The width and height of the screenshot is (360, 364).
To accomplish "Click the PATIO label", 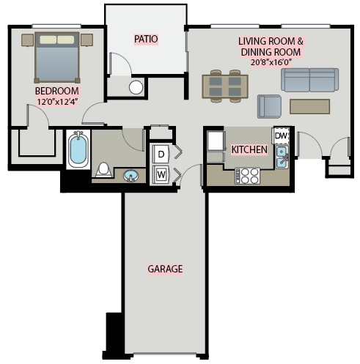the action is click(146, 39).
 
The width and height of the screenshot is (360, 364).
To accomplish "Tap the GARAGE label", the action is click(165, 269).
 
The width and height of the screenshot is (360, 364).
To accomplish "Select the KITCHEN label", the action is click(249, 149).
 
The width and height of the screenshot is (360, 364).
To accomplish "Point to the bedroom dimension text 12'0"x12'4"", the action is click(57, 101).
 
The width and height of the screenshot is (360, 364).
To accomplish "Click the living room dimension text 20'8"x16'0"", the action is click(271, 62).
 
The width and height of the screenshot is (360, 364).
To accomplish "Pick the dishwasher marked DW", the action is click(281, 135).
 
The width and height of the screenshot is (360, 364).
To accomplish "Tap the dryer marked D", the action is click(161, 154).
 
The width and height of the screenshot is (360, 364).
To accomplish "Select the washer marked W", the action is click(161, 174).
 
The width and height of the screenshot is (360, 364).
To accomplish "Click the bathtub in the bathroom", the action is click(78, 149).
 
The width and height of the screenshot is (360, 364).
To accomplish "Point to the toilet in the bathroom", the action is click(103, 170).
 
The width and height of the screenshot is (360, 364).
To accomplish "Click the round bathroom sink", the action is click(131, 176).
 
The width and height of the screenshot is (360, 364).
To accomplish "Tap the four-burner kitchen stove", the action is click(247, 176).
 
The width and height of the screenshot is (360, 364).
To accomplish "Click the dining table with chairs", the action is click(225, 86).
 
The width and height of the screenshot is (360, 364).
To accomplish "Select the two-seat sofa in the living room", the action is click(310, 80).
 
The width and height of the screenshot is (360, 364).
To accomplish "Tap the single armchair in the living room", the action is click(269, 106).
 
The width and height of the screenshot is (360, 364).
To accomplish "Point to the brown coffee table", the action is click(309, 106).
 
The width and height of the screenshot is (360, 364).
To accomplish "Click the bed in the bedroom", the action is click(57, 58).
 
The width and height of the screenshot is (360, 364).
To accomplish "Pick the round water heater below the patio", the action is click(136, 87).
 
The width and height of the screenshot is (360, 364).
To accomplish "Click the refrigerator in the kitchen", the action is click(216, 141).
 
